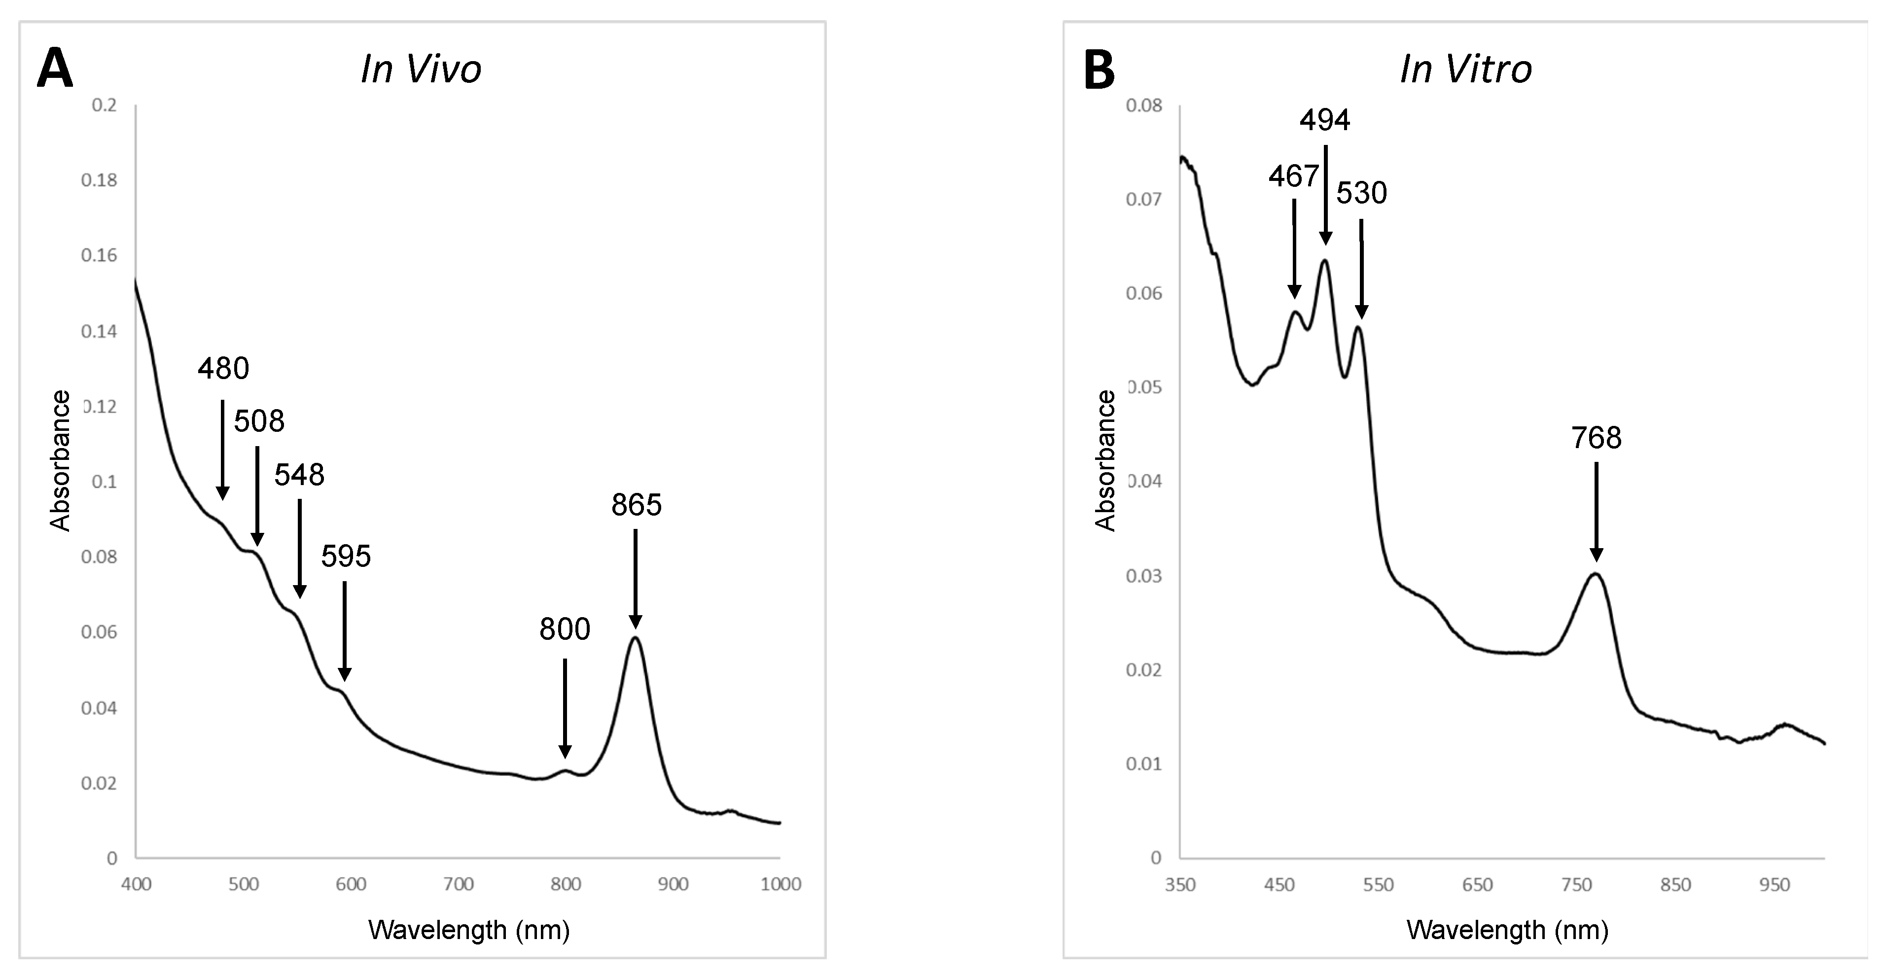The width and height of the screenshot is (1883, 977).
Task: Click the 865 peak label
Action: (636, 505)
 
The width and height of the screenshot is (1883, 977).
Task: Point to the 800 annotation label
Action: (565, 629)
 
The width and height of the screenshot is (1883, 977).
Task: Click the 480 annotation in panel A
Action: (223, 368)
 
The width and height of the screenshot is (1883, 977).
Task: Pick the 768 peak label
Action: (1597, 438)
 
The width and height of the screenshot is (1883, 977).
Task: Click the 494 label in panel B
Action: (1324, 120)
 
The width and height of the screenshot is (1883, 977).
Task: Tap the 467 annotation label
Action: (1293, 176)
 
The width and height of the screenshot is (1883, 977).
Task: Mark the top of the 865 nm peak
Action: (635, 638)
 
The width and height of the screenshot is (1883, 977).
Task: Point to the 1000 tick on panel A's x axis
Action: (781, 884)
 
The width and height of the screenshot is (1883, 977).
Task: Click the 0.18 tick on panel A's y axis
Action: (99, 180)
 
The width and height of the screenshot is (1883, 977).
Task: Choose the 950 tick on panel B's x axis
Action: (1774, 885)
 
